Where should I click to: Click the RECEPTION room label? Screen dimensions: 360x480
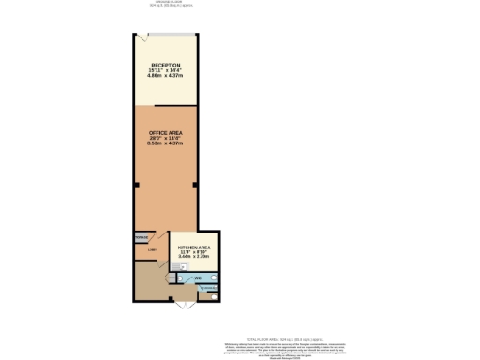[166, 65]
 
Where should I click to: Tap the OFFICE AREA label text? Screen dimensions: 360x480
[166, 134]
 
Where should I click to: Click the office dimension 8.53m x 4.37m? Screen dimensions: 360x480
[166, 144]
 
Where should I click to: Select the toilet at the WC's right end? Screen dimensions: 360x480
[214, 278]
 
